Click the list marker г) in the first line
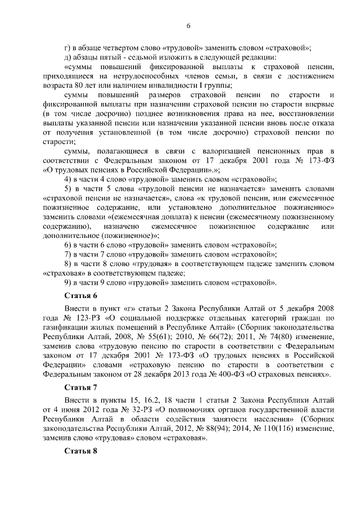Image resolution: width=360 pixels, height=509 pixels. coord(68,47)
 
